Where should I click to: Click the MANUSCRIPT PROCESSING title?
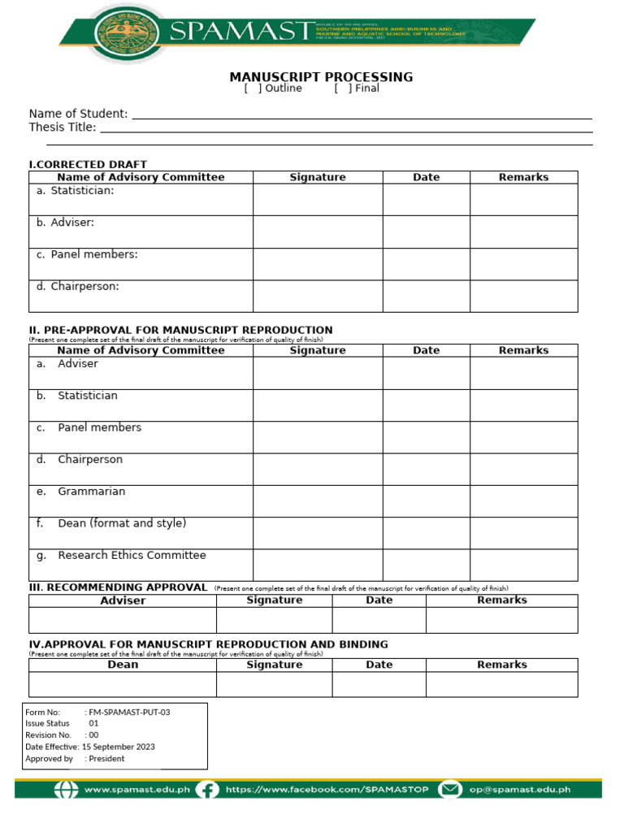point(321,77)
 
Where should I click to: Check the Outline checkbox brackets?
point(253,89)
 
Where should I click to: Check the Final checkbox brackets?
point(343,89)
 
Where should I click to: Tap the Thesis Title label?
point(63,128)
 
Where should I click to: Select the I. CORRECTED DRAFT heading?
point(88,165)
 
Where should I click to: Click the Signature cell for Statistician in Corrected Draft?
point(318,199)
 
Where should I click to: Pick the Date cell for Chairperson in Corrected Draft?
point(426,296)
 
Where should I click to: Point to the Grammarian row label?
point(91,492)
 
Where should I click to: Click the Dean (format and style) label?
point(122,523)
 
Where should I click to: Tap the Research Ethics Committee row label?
point(132,556)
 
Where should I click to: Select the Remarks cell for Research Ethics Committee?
point(523,565)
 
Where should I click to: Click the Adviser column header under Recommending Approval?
point(123,600)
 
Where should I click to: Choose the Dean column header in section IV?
point(123,665)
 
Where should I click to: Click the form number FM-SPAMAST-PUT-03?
point(129,712)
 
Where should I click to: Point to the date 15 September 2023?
point(118,747)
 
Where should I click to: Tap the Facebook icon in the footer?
point(208,789)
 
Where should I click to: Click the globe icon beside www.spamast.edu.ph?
point(67,789)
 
